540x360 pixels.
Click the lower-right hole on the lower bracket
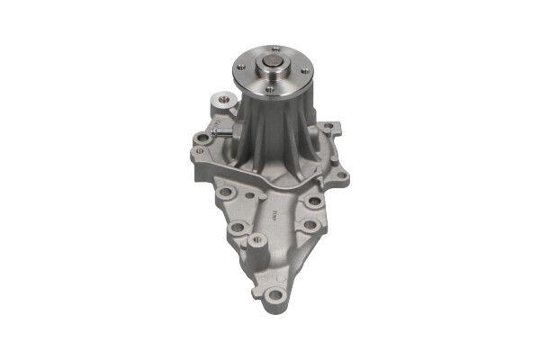click(x=310, y=227)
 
